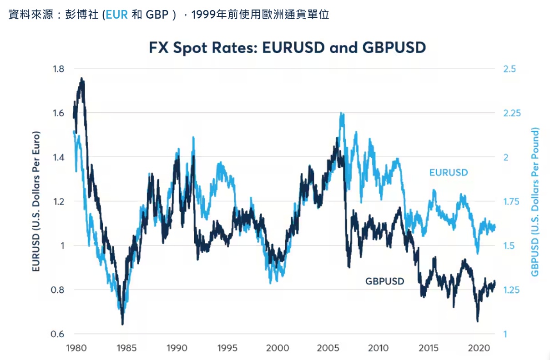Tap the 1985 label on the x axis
(126, 348)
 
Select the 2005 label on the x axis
(328, 348)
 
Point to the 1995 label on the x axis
(227, 348)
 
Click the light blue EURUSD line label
(449, 173)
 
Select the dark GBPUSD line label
(384, 281)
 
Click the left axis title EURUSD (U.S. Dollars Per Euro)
(36, 202)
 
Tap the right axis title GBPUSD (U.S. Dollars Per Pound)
(535, 202)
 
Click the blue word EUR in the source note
(117, 15)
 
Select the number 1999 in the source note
(202, 15)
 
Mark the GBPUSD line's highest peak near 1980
(81, 78)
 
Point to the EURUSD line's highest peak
(341, 114)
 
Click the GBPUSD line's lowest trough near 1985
(122, 324)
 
